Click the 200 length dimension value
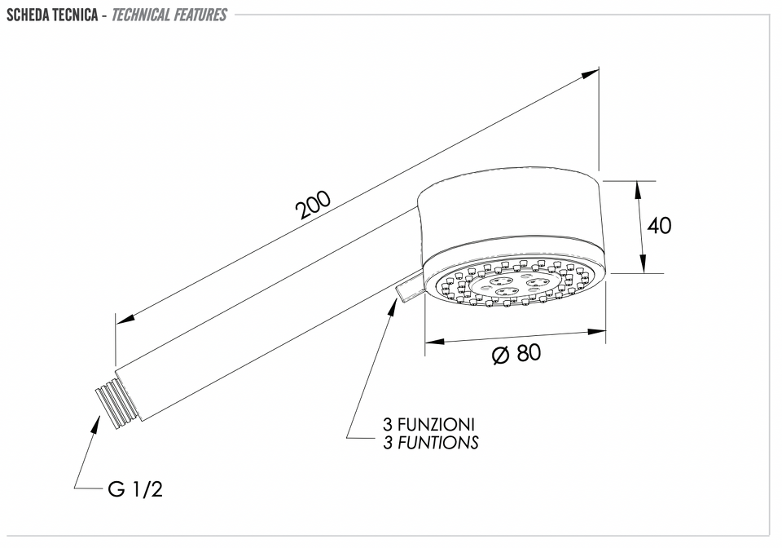313,205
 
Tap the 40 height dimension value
659,226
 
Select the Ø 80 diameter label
516,353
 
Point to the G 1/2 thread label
135,489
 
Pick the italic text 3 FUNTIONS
430,442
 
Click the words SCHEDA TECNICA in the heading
52,15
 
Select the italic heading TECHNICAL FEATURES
169,15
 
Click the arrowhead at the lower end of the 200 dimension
125,317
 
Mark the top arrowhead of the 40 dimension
639,190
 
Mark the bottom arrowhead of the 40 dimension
644,264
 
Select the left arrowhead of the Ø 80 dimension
434,342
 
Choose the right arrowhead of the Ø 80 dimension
597,331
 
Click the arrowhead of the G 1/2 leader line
94,423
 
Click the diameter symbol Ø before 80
500,355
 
